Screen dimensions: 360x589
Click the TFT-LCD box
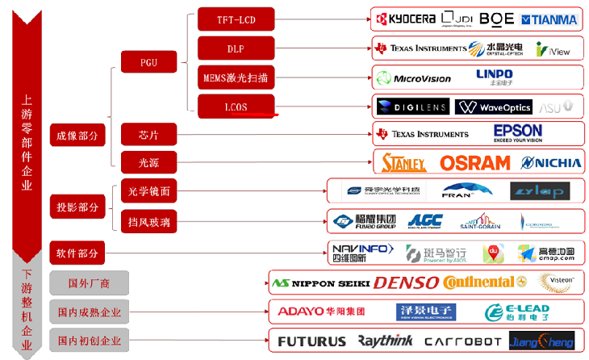click(x=236, y=19)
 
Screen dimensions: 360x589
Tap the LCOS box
click(x=236, y=107)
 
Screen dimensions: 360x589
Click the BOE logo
click(x=495, y=18)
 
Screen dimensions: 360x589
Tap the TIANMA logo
click(x=549, y=19)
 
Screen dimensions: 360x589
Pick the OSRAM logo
click(x=475, y=162)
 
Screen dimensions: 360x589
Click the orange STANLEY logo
click(x=403, y=162)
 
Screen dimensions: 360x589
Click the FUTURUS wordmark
click(x=311, y=341)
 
